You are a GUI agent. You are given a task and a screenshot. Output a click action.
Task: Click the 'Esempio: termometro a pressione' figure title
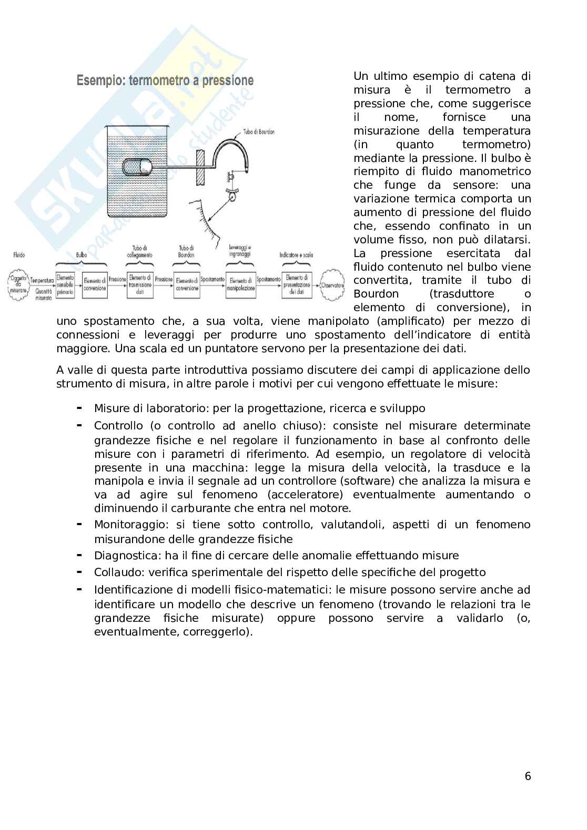pyautogui.click(x=165, y=81)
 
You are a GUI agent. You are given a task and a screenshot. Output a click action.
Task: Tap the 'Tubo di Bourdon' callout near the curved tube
pyautogui.click(x=259, y=132)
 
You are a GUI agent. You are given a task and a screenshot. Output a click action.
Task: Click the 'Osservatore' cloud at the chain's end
pyautogui.click(x=332, y=285)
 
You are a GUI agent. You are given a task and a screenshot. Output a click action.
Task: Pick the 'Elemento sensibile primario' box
pyautogui.click(x=65, y=285)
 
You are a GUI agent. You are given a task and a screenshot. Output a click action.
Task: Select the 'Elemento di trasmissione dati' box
pyautogui.click(x=140, y=285)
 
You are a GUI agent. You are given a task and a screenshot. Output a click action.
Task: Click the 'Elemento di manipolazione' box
pyautogui.click(x=240, y=285)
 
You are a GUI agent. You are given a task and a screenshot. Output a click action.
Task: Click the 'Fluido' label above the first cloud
pyautogui.click(x=19, y=255)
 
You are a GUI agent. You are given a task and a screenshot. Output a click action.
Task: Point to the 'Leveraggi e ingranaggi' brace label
pyautogui.click(x=240, y=250)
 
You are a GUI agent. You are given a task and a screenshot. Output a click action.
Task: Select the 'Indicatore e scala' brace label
pyautogui.click(x=296, y=255)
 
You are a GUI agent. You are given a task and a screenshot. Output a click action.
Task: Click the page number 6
pyautogui.click(x=528, y=776)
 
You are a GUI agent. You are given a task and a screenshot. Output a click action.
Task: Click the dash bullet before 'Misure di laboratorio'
pyautogui.click(x=79, y=408)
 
